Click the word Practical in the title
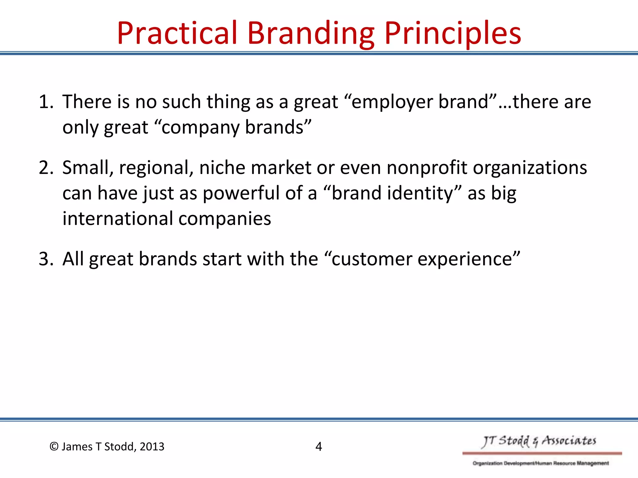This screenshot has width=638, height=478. click(177, 33)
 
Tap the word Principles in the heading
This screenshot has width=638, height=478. click(453, 33)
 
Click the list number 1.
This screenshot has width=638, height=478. click(45, 102)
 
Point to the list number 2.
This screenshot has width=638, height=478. click(45, 168)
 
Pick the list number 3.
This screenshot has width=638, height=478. click(45, 259)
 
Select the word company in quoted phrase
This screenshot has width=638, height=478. click(201, 128)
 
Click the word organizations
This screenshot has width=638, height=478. click(530, 168)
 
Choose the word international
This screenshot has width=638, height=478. click(118, 218)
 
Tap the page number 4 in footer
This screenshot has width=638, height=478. click(318, 447)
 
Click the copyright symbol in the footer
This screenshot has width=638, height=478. click(54, 447)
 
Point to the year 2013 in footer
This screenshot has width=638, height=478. click(152, 447)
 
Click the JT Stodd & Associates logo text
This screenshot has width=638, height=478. click(539, 441)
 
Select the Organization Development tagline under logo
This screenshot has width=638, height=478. click(540, 463)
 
